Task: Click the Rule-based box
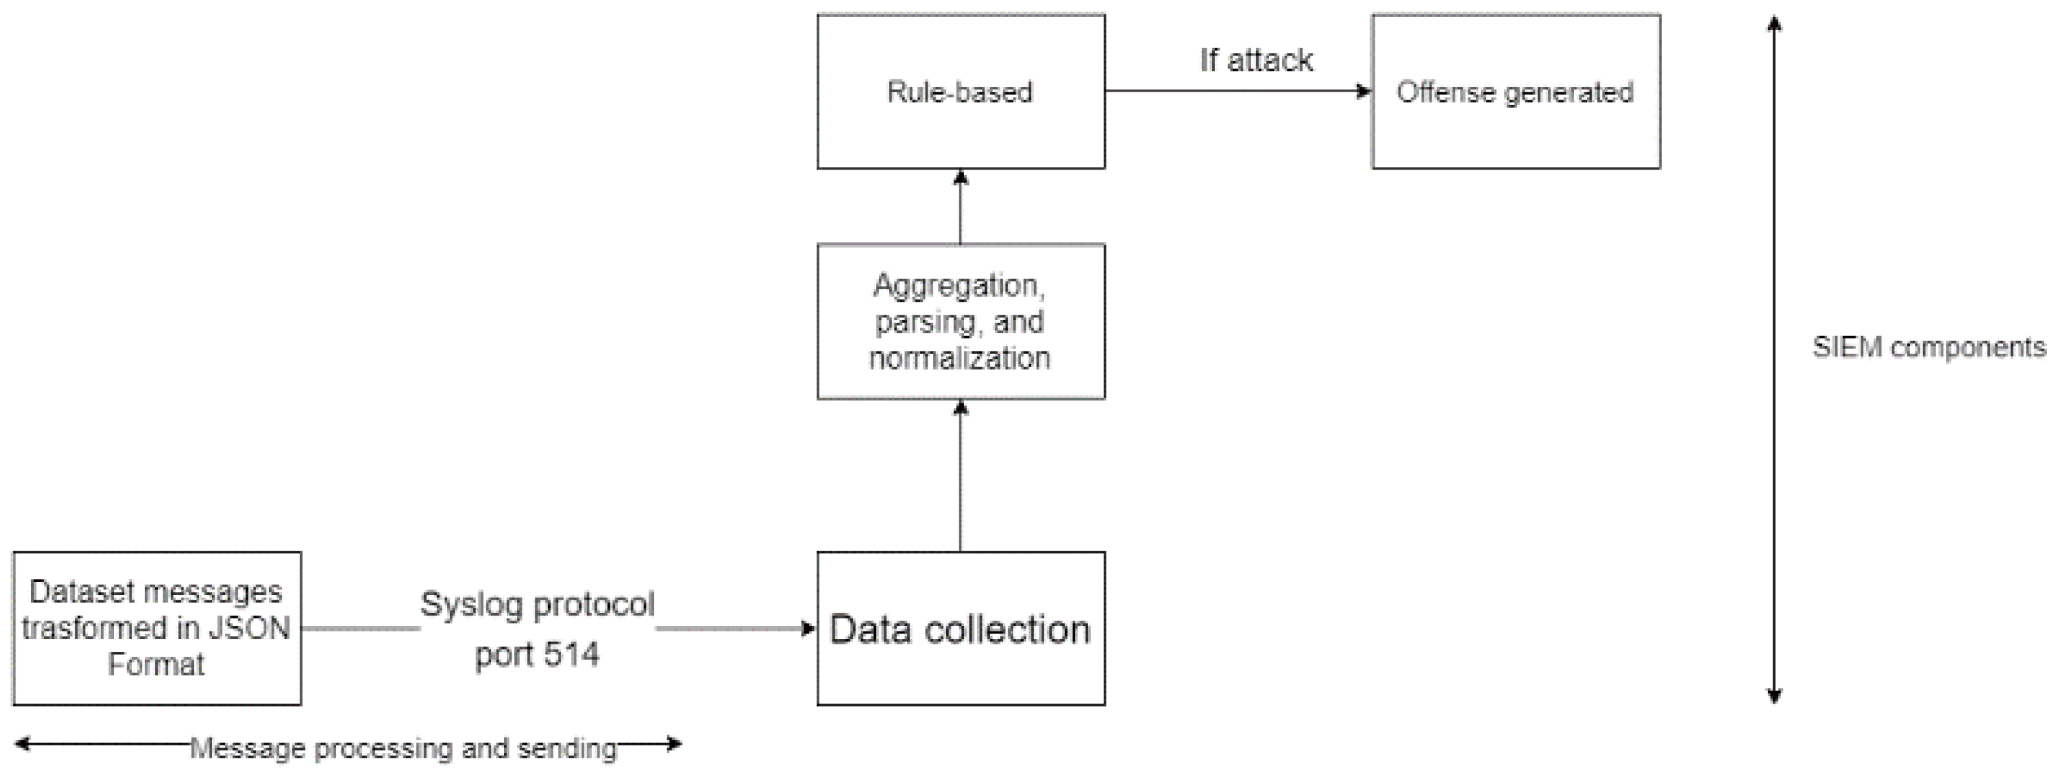(960, 92)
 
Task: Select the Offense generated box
(1515, 92)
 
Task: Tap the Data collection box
(960, 629)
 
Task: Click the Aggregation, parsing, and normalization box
(960, 321)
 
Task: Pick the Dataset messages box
(157, 629)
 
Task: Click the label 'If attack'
(1256, 60)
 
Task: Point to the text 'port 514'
(537, 655)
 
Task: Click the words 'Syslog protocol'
(537, 604)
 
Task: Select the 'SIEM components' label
(1929, 347)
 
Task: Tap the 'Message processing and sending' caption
(403, 748)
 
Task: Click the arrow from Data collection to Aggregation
(960, 479)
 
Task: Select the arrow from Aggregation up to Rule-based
(960, 209)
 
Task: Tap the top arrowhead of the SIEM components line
(1774, 24)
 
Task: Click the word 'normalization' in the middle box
(959, 358)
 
